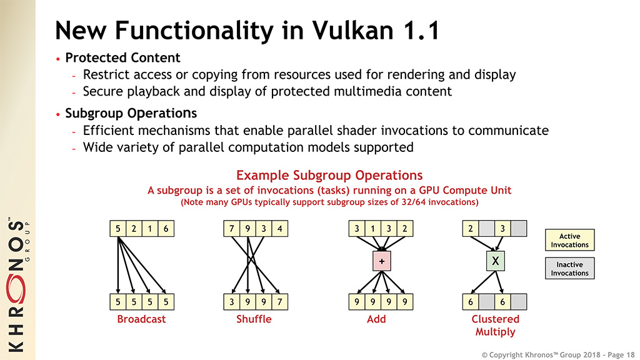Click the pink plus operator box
point(380,261)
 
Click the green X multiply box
point(495,261)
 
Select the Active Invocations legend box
point(569,241)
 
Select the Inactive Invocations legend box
point(569,269)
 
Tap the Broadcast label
point(142,319)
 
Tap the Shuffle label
point(254,319)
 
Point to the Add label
point(376,319)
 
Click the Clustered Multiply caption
point(495,325)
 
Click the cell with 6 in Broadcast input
point(166,229)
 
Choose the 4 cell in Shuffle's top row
point(279,229)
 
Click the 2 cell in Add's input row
point(404,229)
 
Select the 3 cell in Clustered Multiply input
point(502,229)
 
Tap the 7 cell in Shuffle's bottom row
point(279,301)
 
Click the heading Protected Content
point(122,57)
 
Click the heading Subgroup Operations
point(131,113)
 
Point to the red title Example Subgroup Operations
point(329,175)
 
